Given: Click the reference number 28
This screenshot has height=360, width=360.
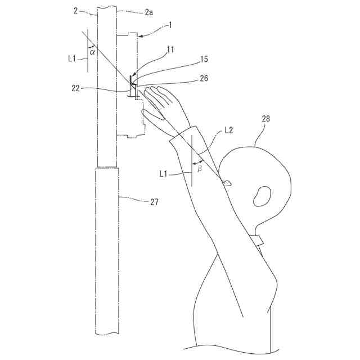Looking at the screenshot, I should pos(265,119).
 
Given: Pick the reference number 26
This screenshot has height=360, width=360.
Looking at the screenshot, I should pos(203,79).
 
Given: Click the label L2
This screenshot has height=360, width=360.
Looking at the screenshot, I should pos(229,130).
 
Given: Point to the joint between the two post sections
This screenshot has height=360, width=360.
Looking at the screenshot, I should pos(107,168).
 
